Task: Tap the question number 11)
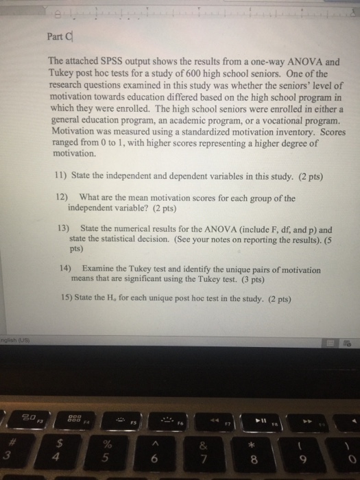coord(61,175)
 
